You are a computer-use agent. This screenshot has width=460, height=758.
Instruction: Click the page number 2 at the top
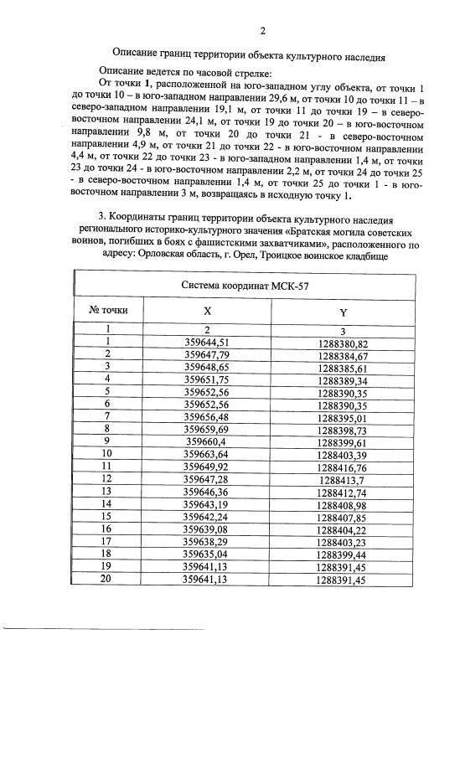[x=262, y=32]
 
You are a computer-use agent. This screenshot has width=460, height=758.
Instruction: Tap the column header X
[x=207, y=310]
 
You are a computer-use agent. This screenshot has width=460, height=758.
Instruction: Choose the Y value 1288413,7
[x=344, y=479]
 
